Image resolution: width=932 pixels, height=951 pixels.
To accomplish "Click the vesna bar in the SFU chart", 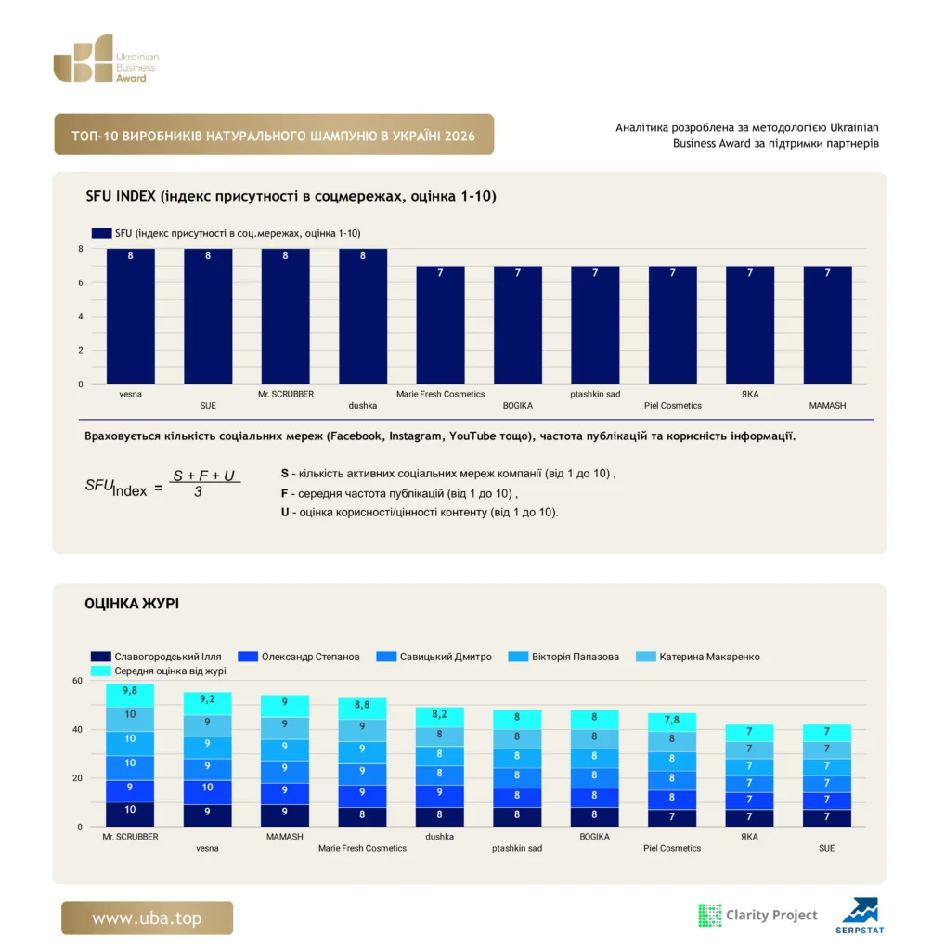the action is tap(130, 316).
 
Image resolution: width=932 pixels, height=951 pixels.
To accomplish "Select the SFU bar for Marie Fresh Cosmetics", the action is tap(440, 324).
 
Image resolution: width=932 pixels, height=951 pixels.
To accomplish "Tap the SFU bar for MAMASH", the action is tap(827, 324).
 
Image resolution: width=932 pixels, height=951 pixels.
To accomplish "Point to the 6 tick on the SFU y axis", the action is tap(81, 282).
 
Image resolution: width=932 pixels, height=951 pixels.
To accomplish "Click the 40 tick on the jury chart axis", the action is tap(77, 729).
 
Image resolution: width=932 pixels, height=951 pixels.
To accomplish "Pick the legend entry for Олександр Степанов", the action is tap(299, 657).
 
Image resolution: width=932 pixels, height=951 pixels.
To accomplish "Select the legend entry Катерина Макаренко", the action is tap(698, 657).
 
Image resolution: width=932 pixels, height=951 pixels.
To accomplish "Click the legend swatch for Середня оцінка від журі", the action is tap(100, 671).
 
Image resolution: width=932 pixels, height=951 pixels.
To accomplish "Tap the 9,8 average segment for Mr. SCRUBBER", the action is tap(130, 695).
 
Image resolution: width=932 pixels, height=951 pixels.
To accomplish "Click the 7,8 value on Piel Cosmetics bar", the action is tap(671, 720).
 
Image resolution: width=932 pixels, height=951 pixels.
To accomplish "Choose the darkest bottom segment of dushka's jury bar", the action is tap(439, 816).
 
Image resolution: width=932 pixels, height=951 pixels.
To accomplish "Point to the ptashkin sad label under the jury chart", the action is tap(517, 848).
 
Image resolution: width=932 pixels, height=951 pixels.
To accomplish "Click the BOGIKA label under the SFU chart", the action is tap(517, 405).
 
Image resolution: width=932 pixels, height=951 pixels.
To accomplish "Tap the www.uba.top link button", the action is tap(147, 918).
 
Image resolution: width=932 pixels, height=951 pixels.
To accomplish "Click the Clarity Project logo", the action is tap(757, 915).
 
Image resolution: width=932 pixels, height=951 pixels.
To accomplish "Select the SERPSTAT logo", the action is tap(860, 916).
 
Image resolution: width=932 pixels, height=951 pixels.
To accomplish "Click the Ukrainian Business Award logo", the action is tap(106, 59).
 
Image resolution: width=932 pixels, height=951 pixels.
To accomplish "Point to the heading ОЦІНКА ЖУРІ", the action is tap(132, 604).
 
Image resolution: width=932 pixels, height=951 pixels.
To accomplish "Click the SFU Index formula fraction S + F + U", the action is tap(203, 475).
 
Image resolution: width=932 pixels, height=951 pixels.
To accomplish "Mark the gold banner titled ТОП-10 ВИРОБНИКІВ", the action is tap(274, 135).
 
